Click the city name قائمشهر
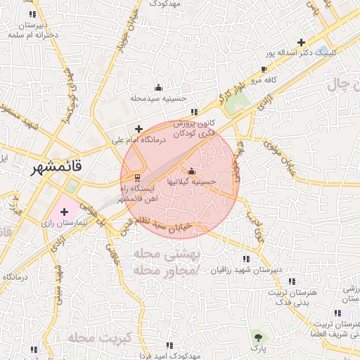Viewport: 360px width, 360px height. (x=57, y=168)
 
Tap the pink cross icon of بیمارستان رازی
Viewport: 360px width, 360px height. (x=65, y=211)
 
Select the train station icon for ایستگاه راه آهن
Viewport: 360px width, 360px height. (x=137, y=176)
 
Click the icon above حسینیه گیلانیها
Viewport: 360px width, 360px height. (x=191, y=171)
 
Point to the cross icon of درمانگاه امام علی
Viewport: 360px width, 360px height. (x=139, y=129)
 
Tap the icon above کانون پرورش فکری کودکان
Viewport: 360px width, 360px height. (x=194, y=112)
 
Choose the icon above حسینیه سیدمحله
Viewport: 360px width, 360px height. (x=158, y=88)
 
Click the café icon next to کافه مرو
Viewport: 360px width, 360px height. (x=264, y=70)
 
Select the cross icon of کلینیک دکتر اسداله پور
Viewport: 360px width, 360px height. (x=301, y=42)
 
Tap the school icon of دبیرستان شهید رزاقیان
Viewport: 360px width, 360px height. (x=245, y=259)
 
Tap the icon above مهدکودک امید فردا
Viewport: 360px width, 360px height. (x=169, y=345)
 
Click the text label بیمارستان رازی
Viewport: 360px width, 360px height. (x=60, y=223)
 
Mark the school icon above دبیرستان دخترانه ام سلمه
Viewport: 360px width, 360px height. (x=31, y=14)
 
